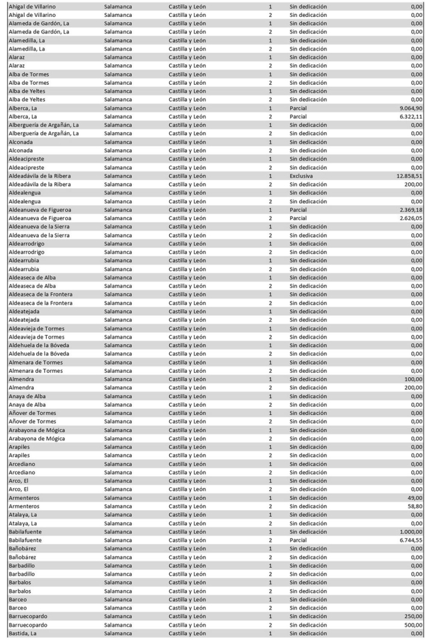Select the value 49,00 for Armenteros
tap(414, 499)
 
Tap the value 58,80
tap(414, 507)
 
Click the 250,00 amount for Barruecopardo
tap(413, 617)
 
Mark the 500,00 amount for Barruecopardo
tap(413, 626)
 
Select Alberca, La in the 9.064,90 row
tap(23, 108)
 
